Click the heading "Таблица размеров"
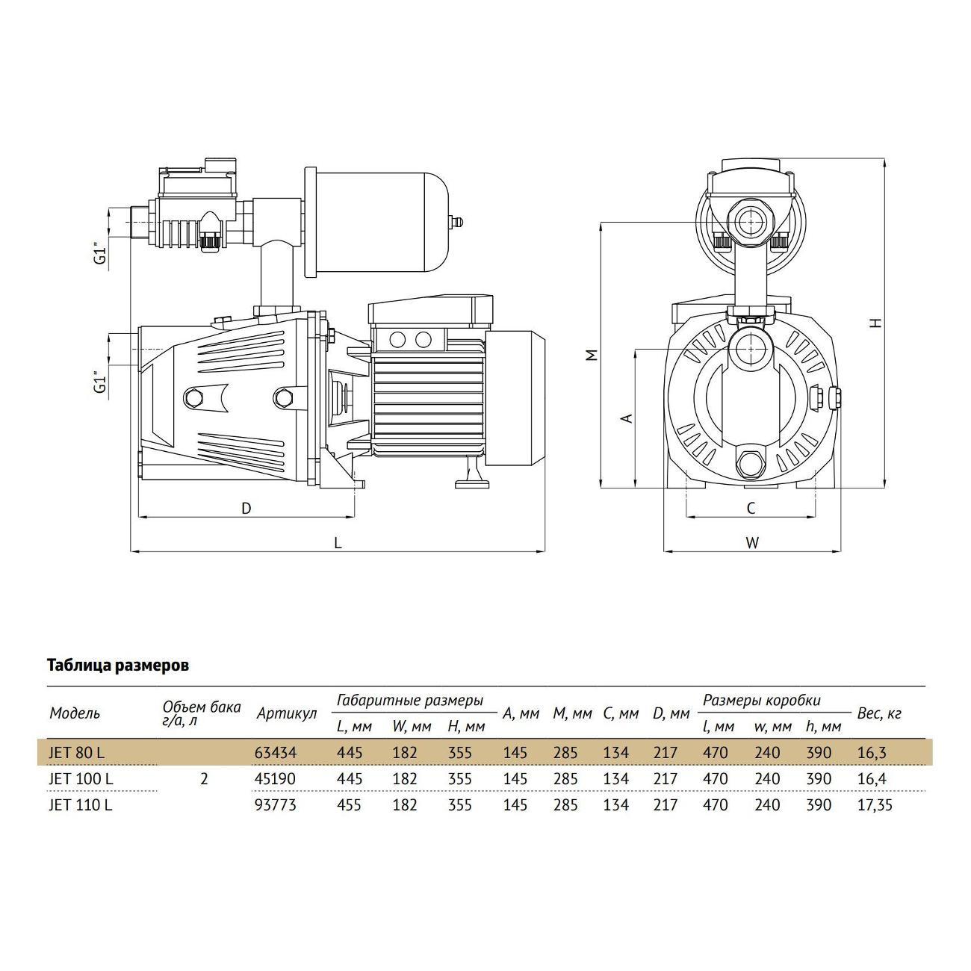[x=118, y=666]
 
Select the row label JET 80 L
[x=78, y=752]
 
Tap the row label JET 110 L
[x=81, y=805]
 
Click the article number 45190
[x=275, y=779]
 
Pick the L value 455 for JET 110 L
[x=350, y=805]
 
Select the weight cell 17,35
[x=875, y=805]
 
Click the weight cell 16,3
[x=871, y=752]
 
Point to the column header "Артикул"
[x=286, y=714]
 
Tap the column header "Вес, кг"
[x=879, y=713]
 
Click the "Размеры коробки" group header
[x=761, y=701]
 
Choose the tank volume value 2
[x=204, y=779]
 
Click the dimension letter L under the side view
[x=338, y=543]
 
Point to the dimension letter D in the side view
[x=246, y=509]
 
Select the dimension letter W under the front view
[x=752, y=543]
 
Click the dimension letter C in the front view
[x=751, y=509]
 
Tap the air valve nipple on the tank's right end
[x=459, y=221]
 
